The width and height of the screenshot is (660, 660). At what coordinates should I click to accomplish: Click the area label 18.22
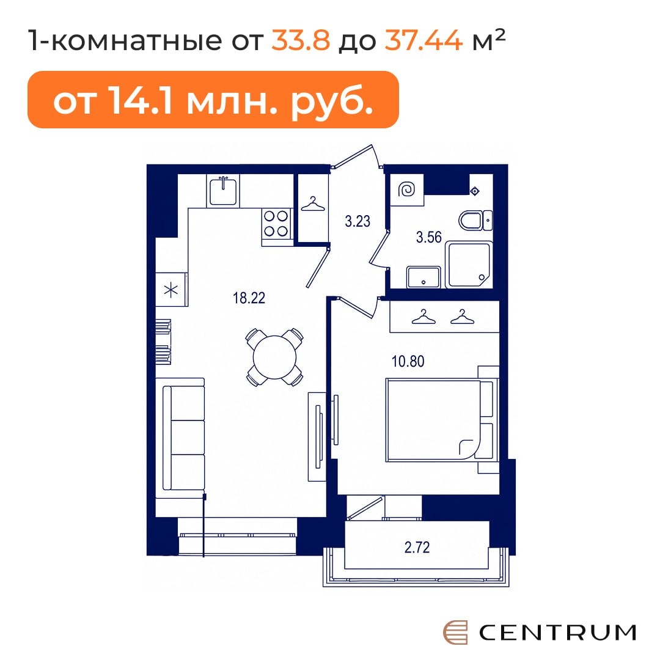click(x=249, y=298)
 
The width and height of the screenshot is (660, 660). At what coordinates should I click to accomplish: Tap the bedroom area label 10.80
click(x=408, y=361)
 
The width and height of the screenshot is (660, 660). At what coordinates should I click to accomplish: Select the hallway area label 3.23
click(x=358, y=221)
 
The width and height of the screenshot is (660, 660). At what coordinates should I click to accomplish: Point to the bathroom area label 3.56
click(x=428, y=237)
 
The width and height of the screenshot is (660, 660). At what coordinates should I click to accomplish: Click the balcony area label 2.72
click(x=417, y=547)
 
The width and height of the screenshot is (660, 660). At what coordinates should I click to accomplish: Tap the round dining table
click(x=275, y=357)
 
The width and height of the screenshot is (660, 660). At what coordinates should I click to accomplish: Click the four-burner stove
click(x=276, y=224)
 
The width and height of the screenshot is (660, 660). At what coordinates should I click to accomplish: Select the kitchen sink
click(x=223, y=191)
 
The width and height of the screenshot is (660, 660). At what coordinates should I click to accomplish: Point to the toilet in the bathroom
click(x=475, y=220)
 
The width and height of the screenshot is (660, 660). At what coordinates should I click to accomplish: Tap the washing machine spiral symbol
click(x=406, y=189)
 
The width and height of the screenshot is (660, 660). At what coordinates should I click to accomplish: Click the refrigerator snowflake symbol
click(x=171, y=290)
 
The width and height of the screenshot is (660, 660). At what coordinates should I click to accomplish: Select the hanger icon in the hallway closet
click(x=313, y=204)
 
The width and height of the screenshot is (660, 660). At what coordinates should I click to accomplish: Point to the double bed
click(x=441, y=420)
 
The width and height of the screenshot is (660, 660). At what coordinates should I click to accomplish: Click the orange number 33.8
click(x=301, y=40)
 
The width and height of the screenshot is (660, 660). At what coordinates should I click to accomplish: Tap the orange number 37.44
click(x=424, y=40)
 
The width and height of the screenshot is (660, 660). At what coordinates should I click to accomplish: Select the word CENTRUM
click(x=557, y=632)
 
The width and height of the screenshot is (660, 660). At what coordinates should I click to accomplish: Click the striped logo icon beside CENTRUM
click(x=455, y=632)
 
